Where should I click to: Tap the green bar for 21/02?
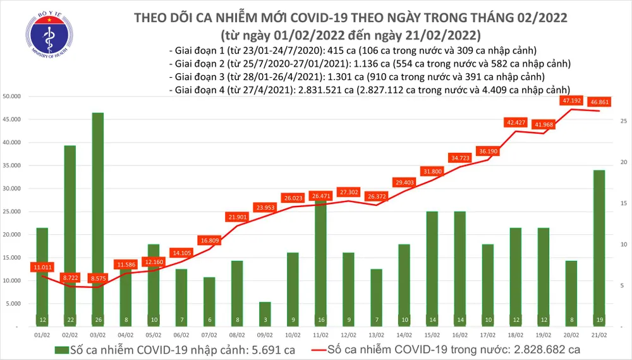pyautogui.click(x=598, y=246)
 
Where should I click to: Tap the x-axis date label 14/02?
pyautogui.click(x=404, y=335)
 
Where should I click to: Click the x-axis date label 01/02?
pyautogui.click(x=42, y=335)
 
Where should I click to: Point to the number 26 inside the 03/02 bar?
pyautogui.click(x=97, y=320)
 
